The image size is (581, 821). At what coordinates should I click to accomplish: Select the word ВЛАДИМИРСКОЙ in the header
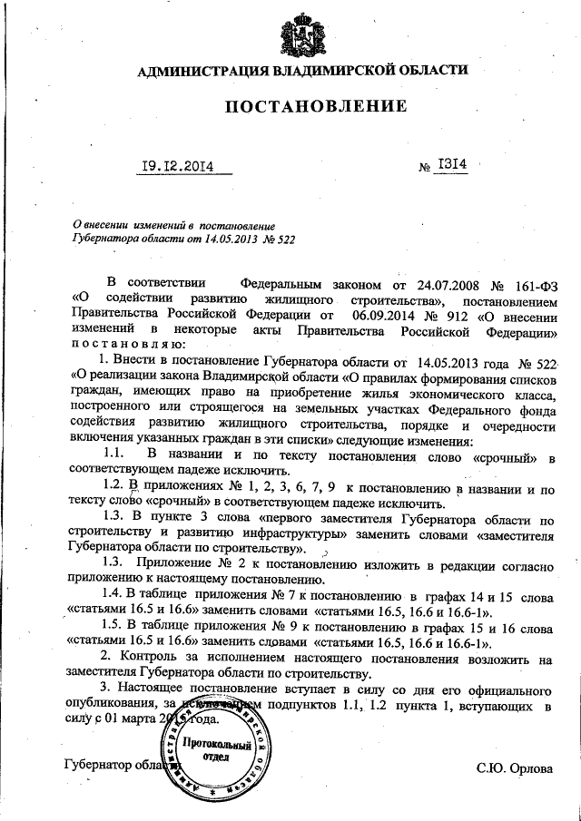pyautogui.click(x=325, y=70)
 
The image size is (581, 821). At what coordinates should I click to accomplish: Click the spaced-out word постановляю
pyautogui.click(x=128, y=345)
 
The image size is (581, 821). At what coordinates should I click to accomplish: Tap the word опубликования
pyautogui.click(x=114, y=704)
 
